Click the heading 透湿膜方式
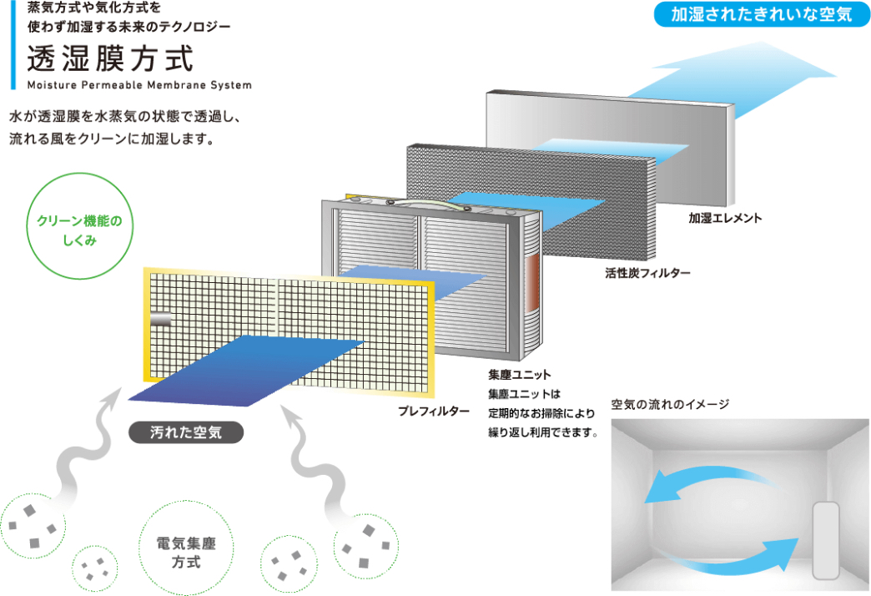tap(110, 59)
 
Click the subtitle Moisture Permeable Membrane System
tap(139, 85)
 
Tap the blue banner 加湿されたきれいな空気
tap(762, 14)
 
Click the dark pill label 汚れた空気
tap(186, 432)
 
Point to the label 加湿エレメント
tap(725, 218)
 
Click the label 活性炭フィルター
tap(647, 273)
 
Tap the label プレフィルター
tap(433, 412)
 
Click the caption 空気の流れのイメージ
tap(670, 404)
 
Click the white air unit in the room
tap(826, 540)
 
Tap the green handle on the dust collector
tap(428, 205)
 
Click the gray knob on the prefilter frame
tap(161, 320)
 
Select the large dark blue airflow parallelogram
tap(247, 371)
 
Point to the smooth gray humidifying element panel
tap(610, 148)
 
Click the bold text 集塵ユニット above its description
tap(520, 375)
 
